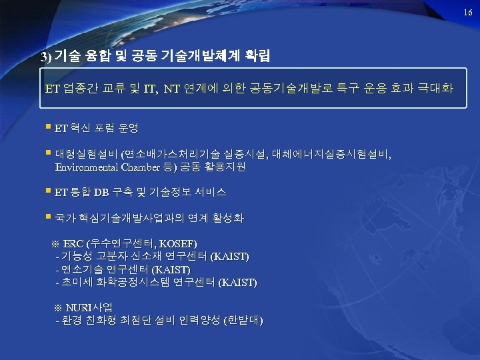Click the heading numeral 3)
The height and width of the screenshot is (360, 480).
point(45,56)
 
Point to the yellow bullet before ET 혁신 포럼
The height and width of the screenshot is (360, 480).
point(49,125)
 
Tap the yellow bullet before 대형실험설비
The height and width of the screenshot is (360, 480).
point(49,153)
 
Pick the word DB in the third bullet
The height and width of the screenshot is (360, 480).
point(101,193)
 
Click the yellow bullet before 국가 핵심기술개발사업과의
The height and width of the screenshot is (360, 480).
point(49,217)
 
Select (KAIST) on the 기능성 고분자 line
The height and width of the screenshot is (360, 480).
point(230,257)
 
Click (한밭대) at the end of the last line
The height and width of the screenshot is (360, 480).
point(243,321)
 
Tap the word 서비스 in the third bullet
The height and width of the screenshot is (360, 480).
point(210,193)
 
